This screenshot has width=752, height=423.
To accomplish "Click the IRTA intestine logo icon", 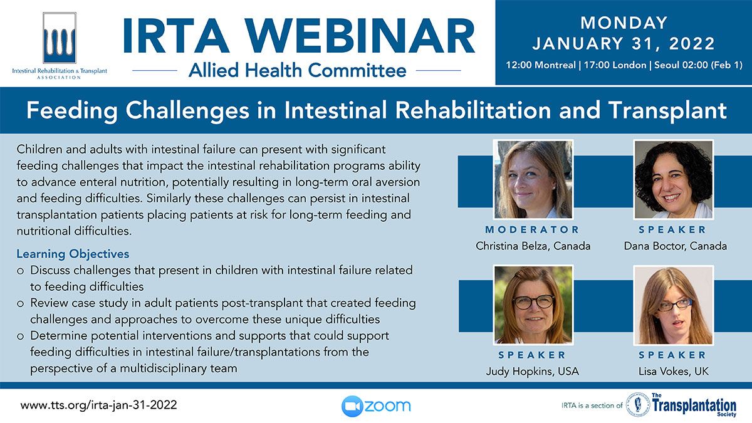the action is click(60, 38).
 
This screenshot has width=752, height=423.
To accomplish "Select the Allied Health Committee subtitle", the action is click(298, 70).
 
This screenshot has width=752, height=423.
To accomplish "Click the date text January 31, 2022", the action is click(624, 44).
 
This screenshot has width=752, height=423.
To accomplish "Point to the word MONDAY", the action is click(624, 23).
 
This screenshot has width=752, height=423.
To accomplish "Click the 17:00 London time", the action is click(615, 65).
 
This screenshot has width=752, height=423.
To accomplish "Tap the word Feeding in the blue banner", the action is click(72, 111).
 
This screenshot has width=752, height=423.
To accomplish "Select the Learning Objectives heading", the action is click(73, 254).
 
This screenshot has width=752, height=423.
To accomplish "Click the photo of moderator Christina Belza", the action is click(533, 180).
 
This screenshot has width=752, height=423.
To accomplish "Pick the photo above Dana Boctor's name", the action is click(674, 180).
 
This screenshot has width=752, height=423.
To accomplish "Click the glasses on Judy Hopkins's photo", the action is click(533, 302).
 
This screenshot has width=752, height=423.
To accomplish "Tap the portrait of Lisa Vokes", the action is click(674, 305).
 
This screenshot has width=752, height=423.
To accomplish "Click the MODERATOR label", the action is click(533, 229).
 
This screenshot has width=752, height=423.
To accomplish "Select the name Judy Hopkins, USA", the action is click(533, 371).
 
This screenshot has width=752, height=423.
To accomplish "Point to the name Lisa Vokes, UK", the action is click(674, 371).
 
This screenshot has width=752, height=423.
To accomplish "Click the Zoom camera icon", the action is click(352, 406).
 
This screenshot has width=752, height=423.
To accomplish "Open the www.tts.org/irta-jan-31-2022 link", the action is click(98, 405).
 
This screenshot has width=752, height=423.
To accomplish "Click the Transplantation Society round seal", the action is click(638, 405).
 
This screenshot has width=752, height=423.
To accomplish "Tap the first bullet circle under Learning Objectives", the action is click(21, 271).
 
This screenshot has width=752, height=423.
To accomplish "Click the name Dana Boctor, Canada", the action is click(675, 246).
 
